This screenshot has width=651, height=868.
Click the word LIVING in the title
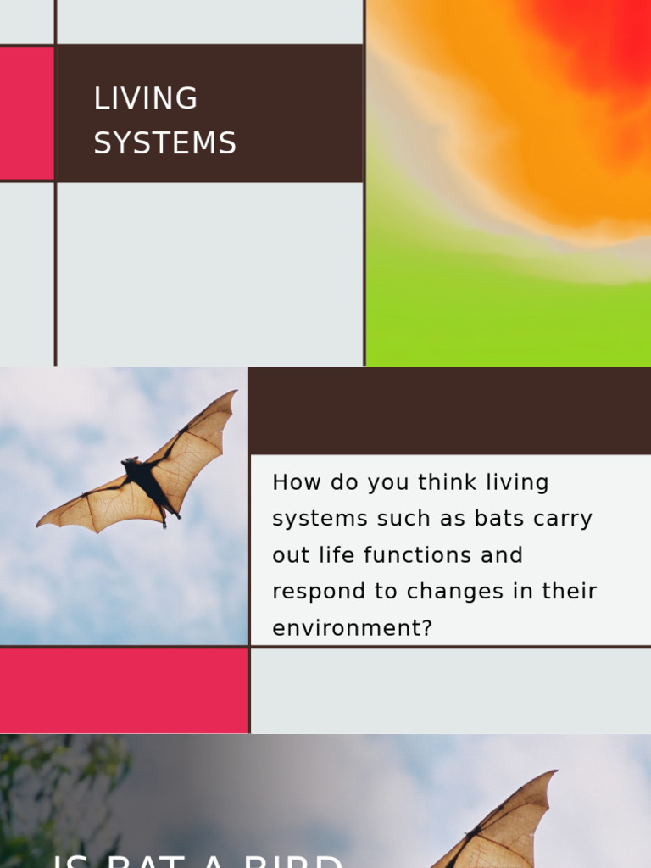145,99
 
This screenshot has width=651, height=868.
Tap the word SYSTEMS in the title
164,143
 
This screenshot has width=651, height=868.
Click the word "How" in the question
292,482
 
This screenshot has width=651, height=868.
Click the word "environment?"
352,628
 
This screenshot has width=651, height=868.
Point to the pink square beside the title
26,114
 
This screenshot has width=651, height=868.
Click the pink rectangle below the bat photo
123,690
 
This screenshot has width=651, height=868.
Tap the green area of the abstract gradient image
509,322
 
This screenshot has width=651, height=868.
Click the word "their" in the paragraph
570,592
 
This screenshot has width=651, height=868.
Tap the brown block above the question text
450,411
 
